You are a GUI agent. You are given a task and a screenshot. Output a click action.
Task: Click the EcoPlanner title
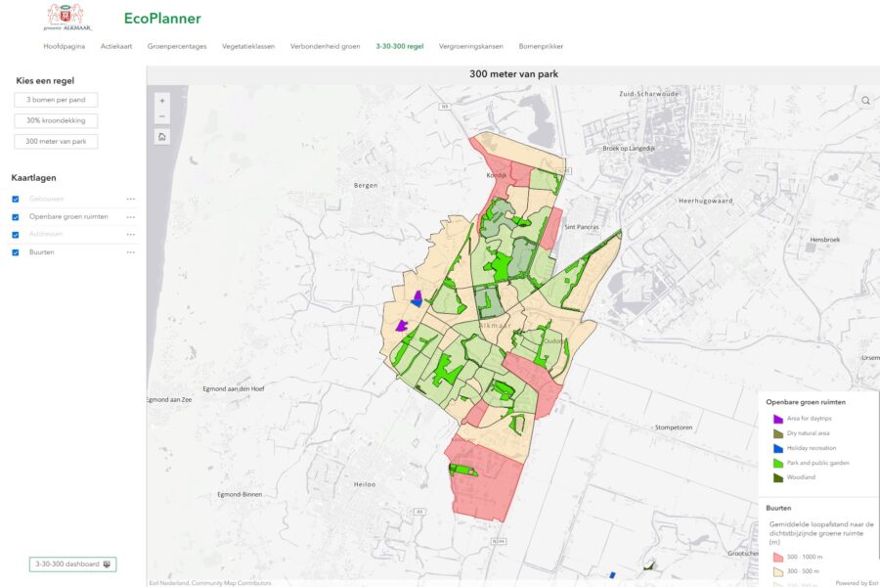point(162,18)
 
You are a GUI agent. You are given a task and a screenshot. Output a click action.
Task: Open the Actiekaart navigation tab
point(116,46)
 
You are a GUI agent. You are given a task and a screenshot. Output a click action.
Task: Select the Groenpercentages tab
point(177,46)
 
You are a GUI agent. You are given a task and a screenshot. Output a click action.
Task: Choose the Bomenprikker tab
point(541,46)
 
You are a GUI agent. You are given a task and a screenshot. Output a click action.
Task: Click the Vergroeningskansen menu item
point(471,46)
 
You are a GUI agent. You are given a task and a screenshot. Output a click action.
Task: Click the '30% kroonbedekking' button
point(56,120)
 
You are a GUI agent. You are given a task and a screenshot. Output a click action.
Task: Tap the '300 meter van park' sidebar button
point(56,141)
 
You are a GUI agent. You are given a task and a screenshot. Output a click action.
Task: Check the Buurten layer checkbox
point(15,252)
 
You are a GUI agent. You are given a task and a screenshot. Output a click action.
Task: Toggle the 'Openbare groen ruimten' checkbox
point(15,216)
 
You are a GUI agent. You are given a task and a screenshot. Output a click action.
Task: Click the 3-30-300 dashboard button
point(72,564)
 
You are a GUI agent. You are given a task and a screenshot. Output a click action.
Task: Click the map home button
point(161,136)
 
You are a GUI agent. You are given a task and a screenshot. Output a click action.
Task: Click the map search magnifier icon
point(865,100)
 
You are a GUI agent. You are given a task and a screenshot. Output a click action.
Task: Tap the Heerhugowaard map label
point(705,201)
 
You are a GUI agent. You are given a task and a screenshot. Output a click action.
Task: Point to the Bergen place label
point(365,184)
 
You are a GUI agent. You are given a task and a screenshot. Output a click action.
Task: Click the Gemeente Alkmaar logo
point(66,17)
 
